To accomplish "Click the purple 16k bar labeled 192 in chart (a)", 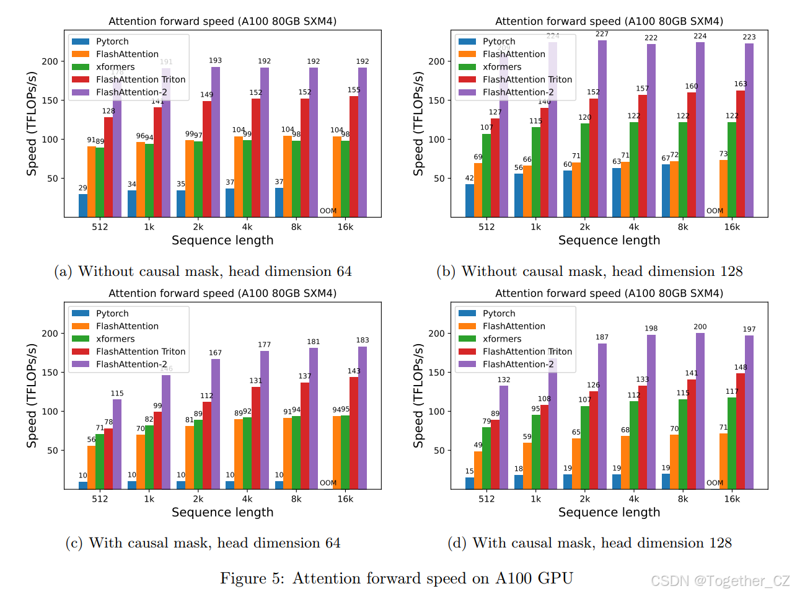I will pos(363,143).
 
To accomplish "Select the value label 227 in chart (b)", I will pos(602,34).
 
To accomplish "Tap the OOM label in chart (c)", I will pos(328,483).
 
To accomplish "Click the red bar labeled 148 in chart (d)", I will pos(741,431).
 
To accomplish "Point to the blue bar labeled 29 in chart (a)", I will pos(83,205).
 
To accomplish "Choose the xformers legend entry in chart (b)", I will pos(502,67).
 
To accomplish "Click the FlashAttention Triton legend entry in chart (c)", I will pos(140,352).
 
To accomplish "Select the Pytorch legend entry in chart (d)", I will pos(498,314).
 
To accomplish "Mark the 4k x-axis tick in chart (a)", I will pos(247,227).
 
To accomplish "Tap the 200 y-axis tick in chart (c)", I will pos(50,334).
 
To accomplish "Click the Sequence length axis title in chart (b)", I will pos(609,241).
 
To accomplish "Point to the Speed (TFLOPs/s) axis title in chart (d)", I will pos(418,396).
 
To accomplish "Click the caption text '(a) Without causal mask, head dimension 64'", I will pos(203,272).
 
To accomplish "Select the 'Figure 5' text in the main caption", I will pos(252,578).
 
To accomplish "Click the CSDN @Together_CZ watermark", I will pos(720,581).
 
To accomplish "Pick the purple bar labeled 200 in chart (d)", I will pos(700,411).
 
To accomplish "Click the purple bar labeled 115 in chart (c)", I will pos(117,444).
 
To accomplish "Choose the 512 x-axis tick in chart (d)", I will pos(486,499).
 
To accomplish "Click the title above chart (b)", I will pos(609,21).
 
